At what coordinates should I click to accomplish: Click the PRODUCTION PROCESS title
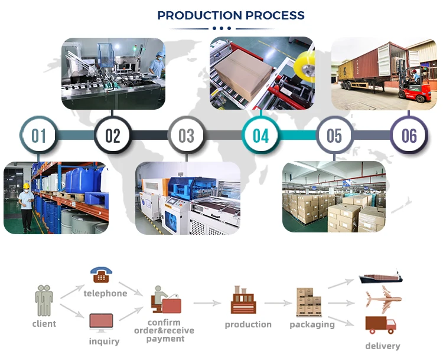(231, 15)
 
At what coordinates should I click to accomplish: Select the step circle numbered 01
(38, 136)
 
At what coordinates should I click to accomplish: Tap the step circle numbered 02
(112, 136)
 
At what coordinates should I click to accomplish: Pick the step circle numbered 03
(186, 136)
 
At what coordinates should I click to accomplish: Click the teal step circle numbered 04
(260, 136)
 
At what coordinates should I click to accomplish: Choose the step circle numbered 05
(334, 136)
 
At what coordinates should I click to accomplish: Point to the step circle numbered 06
(409, 136)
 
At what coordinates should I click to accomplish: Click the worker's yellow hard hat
(26, 186)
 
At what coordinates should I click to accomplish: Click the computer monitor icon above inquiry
(101, 322)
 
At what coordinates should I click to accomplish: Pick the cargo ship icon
(380, 276)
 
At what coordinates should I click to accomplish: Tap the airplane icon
(381, 298)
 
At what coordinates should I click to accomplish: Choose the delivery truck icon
(380, 324)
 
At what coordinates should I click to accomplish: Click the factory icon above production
(242, 300)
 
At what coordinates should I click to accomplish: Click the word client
(44, 323)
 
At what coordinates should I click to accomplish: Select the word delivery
(382, 346)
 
